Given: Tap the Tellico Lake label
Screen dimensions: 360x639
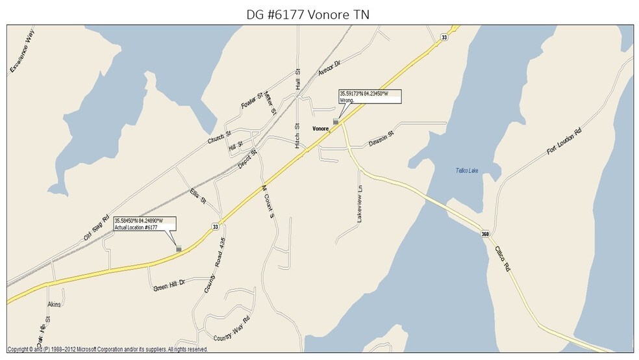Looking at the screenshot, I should [x=465, y=171].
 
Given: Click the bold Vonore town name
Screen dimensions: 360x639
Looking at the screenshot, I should [x=321, y=128].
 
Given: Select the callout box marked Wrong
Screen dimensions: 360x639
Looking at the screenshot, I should [x=370, y=96].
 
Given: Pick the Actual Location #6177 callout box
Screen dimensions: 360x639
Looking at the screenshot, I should [x=144, y=224].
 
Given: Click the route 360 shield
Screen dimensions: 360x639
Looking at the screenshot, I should [x=485, y=234].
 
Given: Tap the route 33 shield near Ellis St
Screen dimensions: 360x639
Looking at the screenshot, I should [x=215, y=225].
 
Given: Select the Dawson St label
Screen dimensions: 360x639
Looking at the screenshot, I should [x=381, y=139].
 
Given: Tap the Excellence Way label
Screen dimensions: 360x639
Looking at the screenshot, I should [x=21, y=51].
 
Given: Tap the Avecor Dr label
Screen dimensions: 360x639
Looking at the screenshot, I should [x=329, y=70].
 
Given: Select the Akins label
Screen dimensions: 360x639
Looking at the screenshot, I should [x=54, y=303].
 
